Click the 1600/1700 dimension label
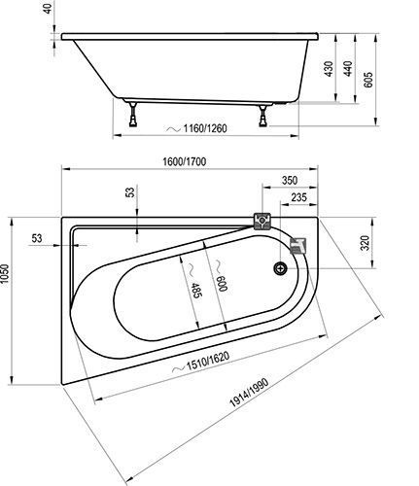[184, 161]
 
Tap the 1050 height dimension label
[5, 275]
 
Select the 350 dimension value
[290, 180]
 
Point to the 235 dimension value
[298, 197]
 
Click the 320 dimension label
[365, 243]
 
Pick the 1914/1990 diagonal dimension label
[249, 393]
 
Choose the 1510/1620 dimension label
[208, 361]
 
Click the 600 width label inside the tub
[223, 284]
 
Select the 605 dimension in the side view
[368, 80]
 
